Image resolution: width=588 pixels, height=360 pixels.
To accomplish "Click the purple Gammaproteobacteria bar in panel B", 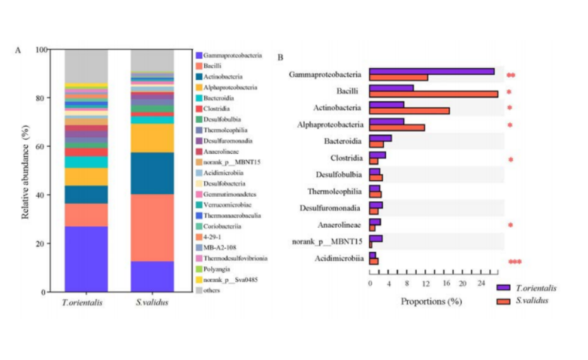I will (432, 71).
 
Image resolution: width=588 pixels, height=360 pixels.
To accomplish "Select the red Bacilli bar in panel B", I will (434, 94).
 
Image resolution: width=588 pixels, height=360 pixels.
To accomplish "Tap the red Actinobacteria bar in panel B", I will (410, 110).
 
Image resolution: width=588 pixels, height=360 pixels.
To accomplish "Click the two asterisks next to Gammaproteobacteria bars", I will (511, 75).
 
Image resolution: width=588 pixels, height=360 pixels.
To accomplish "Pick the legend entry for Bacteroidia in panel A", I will (218, 98).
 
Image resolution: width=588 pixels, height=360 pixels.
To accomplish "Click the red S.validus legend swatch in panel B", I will (503, 301).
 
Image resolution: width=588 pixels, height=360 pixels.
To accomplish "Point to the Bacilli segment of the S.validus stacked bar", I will (152, 228).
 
